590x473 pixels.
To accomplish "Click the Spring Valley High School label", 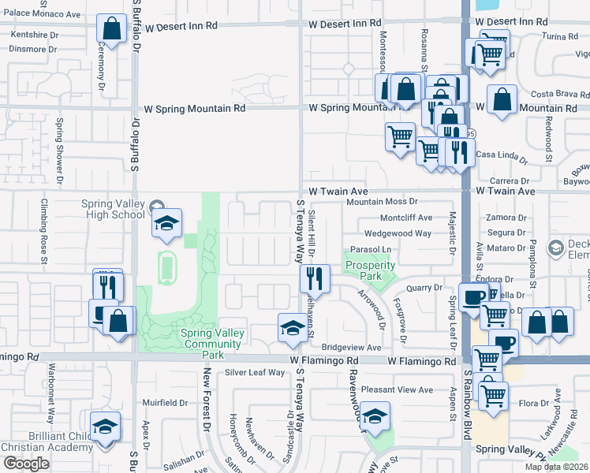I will coord(113,209).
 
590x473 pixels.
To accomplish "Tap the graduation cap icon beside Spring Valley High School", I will coord(166,225).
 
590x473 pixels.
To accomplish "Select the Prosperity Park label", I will coord(370,270).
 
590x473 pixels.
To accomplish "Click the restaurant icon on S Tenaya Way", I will coord(314,278).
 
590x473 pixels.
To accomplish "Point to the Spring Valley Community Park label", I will coord(213,338).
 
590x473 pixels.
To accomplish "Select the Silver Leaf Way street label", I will coord(255,372).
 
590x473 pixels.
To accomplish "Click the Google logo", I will coord(26,464).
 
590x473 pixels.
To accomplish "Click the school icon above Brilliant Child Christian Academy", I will coord(105,428).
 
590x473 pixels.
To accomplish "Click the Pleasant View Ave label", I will coord(397,389).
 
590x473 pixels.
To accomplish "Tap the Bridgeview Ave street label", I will coord(351,348).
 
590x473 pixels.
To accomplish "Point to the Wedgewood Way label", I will coord(397,233).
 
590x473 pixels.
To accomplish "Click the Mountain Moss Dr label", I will coord(381,202).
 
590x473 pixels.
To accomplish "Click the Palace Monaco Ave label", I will coord(41,14).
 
